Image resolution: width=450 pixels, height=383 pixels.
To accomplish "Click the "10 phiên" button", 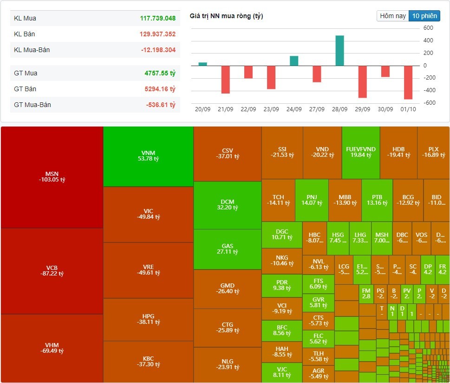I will tap(424, 16).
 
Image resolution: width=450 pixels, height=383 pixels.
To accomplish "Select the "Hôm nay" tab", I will tap(393, 16).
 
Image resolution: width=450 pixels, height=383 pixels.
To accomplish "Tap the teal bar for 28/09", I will tap(339, 50).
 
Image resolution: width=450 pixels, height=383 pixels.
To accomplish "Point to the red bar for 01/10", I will tap(408, 82).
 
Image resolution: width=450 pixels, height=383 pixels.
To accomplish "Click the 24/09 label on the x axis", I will tap(294, 109).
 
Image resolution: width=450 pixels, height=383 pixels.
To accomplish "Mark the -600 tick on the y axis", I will tap(428, 103).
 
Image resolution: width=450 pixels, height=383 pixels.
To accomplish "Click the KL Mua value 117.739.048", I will tap(157, 18).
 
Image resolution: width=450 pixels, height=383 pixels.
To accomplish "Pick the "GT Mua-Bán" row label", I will tap(33, 105).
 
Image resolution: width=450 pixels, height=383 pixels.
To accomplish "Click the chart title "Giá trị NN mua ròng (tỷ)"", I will tap(226, 16).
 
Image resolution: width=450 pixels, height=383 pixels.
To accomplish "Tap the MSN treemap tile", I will tap(52, 177).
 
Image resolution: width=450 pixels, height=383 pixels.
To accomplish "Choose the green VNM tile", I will tap(148, 156).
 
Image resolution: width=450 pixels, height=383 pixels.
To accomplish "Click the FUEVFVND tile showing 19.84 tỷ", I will tap(360, 152).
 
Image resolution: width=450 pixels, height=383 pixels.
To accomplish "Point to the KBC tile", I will tap(148, 361).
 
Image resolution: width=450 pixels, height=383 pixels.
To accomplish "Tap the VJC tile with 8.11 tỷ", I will tap(281, 372).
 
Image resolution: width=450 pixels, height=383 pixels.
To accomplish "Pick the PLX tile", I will tap(433, 152).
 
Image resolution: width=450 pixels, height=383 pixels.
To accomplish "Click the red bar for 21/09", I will tap(226, 80).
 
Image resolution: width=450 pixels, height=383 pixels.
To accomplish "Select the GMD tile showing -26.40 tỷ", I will tap(227, 289).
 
